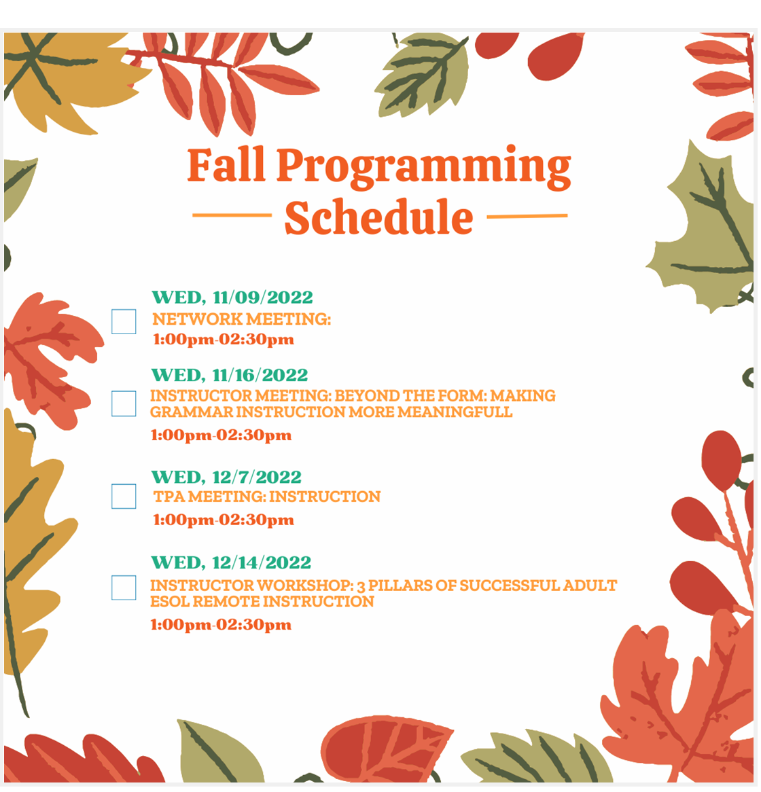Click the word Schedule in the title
click(380, 218)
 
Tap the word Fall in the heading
click(227, 164)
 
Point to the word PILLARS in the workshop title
click(400, 587)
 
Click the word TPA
click(169, 498)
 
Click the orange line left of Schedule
click(232, 216)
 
